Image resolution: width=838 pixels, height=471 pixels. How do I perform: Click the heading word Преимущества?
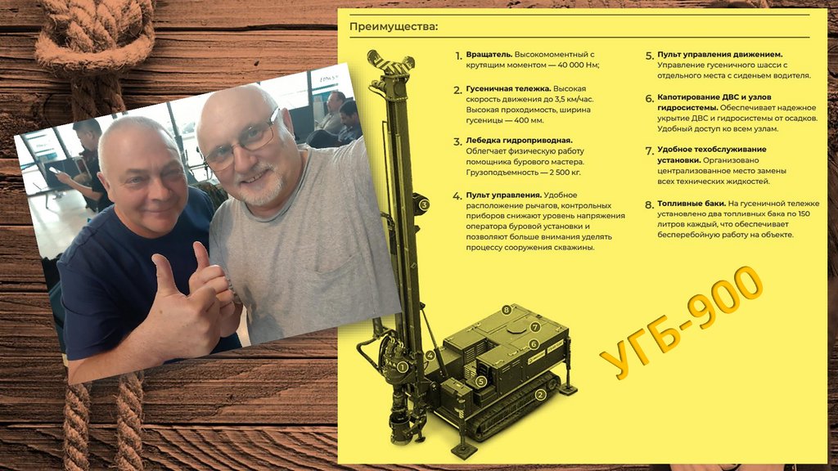click(x=394, y=26)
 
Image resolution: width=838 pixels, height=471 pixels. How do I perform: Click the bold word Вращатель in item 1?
click(x=489, y=54)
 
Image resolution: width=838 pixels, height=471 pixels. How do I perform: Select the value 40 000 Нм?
click(x=578, y=65)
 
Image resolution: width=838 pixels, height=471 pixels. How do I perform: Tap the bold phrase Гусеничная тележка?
click(x=508, y=88)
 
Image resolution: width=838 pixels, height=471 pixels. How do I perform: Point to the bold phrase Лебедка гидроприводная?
click(x=519, y=141)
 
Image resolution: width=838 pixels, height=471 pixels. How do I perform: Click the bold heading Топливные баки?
click(x=692, y=204)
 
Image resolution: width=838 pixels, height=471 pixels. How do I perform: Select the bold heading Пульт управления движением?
click(x=720, y=55)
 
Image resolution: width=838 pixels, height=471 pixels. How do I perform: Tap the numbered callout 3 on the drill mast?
click(x=424, y=204)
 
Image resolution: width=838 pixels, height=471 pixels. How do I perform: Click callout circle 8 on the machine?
click(x=507, y=310)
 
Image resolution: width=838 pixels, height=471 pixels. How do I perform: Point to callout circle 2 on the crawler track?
click(x=540, y=395)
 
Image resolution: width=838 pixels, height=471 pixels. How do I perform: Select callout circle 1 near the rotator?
click(x=403, y=367)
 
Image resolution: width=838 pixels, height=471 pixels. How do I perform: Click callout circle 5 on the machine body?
click(x=481, y=381)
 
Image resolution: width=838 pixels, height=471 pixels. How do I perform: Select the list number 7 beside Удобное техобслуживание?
click(x=649, y=151)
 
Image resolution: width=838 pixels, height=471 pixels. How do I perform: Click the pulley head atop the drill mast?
click(x=390, y=63)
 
